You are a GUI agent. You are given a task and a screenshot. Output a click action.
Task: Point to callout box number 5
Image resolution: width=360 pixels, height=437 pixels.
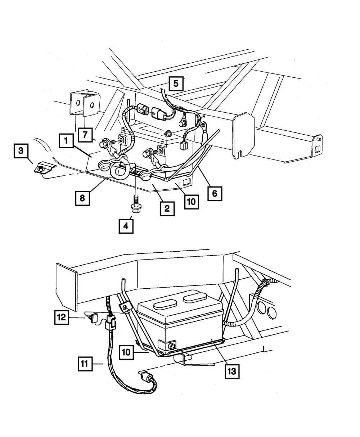click(x=176, y=84)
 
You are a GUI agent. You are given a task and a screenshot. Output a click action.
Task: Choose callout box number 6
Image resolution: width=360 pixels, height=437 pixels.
click(x=215, y=193)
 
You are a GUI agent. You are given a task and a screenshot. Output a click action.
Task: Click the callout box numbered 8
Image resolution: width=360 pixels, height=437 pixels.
click(x=82, y=198)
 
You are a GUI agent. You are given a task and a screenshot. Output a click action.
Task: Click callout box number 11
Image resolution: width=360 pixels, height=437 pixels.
click(x=84, y=364)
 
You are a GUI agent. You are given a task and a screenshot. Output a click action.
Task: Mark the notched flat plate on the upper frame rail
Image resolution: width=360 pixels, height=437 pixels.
click(x=244, y=135)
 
